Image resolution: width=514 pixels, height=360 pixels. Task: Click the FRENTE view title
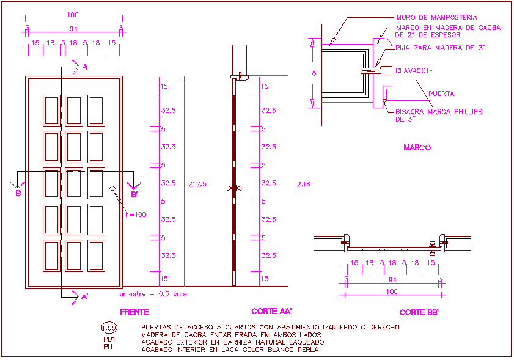[134, 312]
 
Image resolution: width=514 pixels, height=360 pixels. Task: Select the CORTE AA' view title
[271, 311]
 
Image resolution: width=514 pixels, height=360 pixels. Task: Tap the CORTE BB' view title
[419, 312]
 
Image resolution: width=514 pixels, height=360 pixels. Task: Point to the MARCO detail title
[417, 147]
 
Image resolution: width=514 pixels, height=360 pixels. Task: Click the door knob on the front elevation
[113, 188]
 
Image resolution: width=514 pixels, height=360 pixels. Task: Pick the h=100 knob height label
[136, 215]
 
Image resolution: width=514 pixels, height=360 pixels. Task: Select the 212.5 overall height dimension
[197, 183]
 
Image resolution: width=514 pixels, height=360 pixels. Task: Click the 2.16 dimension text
[303, 183]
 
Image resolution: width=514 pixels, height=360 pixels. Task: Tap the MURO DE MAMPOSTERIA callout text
[436, 18]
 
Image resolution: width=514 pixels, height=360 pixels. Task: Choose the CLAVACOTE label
[414, 71]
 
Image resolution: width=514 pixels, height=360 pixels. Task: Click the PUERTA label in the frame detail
[441, 94]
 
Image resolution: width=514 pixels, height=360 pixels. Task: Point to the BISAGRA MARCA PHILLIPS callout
[439, 112]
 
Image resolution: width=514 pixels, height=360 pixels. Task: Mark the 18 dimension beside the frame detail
[312, 73]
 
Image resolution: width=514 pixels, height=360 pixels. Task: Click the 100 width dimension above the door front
[73, 14]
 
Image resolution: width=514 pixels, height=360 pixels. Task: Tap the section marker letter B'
[134, 194]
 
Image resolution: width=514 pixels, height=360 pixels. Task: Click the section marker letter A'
[84, 297]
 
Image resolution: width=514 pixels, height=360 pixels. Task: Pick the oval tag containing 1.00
[109, 328]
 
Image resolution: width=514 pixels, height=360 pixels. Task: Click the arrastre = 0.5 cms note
[153, 293]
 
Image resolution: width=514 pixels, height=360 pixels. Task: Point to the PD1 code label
[109, 339]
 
